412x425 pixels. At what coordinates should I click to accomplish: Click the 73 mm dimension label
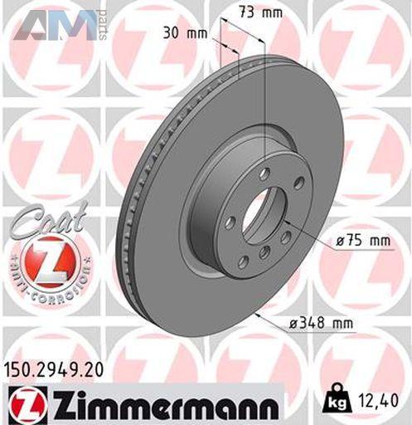(260, 12)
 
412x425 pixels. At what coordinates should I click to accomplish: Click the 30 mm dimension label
(185, 34)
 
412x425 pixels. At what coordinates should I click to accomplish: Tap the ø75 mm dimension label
(363, 241)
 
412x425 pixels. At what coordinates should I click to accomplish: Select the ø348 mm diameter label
(321, 323)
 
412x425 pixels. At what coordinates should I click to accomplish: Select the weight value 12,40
(379, 400)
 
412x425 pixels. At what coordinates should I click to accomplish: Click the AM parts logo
(61, 26)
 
